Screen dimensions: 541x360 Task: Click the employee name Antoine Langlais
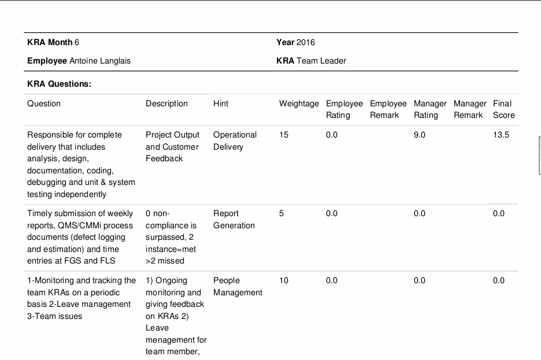100,61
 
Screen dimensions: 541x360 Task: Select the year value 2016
306,42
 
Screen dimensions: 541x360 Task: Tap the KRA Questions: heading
60,84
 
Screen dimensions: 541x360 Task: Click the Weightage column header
299,104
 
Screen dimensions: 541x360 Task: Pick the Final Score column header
504,109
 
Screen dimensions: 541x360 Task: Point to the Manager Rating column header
430,109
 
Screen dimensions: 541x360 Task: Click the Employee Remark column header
388,109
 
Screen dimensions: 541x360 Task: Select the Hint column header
221,104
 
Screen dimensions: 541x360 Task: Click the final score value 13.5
501,135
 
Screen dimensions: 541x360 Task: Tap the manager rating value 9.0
420,135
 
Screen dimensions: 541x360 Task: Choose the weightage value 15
284,135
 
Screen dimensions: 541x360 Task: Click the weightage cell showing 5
281,213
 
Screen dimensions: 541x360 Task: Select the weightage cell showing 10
284,280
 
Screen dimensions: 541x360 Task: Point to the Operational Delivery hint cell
235,140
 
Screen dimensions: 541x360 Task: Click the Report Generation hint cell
234,220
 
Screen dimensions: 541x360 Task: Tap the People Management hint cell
238,286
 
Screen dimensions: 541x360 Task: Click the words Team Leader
321,61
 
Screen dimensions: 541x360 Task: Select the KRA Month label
50,42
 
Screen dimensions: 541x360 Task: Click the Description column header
166,104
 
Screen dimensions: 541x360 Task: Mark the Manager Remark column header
470,109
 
